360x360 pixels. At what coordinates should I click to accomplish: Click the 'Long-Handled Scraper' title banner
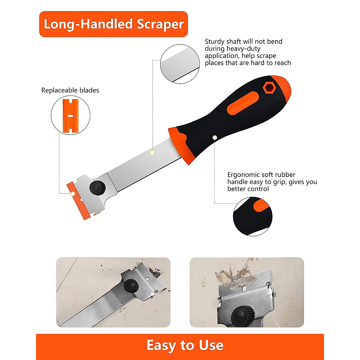pos(113,24)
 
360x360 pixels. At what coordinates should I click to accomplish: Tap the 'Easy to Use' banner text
pos(185,345)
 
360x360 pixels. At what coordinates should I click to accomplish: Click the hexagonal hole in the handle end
pos(268,88)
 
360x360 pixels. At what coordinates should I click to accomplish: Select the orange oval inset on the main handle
pos(243,103)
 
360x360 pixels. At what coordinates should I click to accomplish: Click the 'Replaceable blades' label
pos(70,90)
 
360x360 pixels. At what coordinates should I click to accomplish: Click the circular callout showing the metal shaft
pos(180,64)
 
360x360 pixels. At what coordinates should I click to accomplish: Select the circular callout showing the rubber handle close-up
pos(253,216)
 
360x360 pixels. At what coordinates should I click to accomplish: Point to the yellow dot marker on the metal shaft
pos(152,153)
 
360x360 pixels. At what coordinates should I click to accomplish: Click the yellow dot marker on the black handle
pos(214,137)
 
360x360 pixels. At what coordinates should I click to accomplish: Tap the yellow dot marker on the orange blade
pos(73,193)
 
